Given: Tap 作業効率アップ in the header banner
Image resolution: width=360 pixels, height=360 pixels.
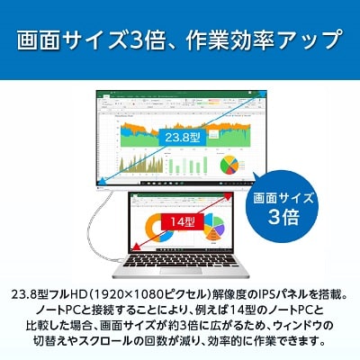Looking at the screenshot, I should click(270, 40).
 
